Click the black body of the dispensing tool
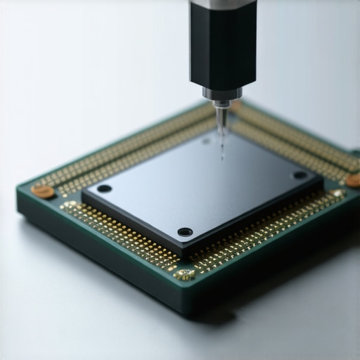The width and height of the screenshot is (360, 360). (x=222, y=46)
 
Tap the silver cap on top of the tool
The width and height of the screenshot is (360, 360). (x=222, y=5)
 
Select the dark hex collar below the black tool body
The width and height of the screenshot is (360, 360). (x=222, y=93)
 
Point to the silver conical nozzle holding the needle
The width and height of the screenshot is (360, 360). (x=221, y=112)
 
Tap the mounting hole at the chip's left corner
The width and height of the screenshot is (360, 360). (x=104, y=188)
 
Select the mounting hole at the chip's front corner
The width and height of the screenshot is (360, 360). (x=185, y=231)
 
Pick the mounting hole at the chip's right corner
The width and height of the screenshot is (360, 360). (x=300, y=174)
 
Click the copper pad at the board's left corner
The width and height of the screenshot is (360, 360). (x=42, y=191)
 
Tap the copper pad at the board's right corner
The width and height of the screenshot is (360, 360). (x=353, y=180)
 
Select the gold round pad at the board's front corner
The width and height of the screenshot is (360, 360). (x=184, y=274)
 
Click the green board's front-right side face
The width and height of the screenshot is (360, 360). (x=281, y=267)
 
